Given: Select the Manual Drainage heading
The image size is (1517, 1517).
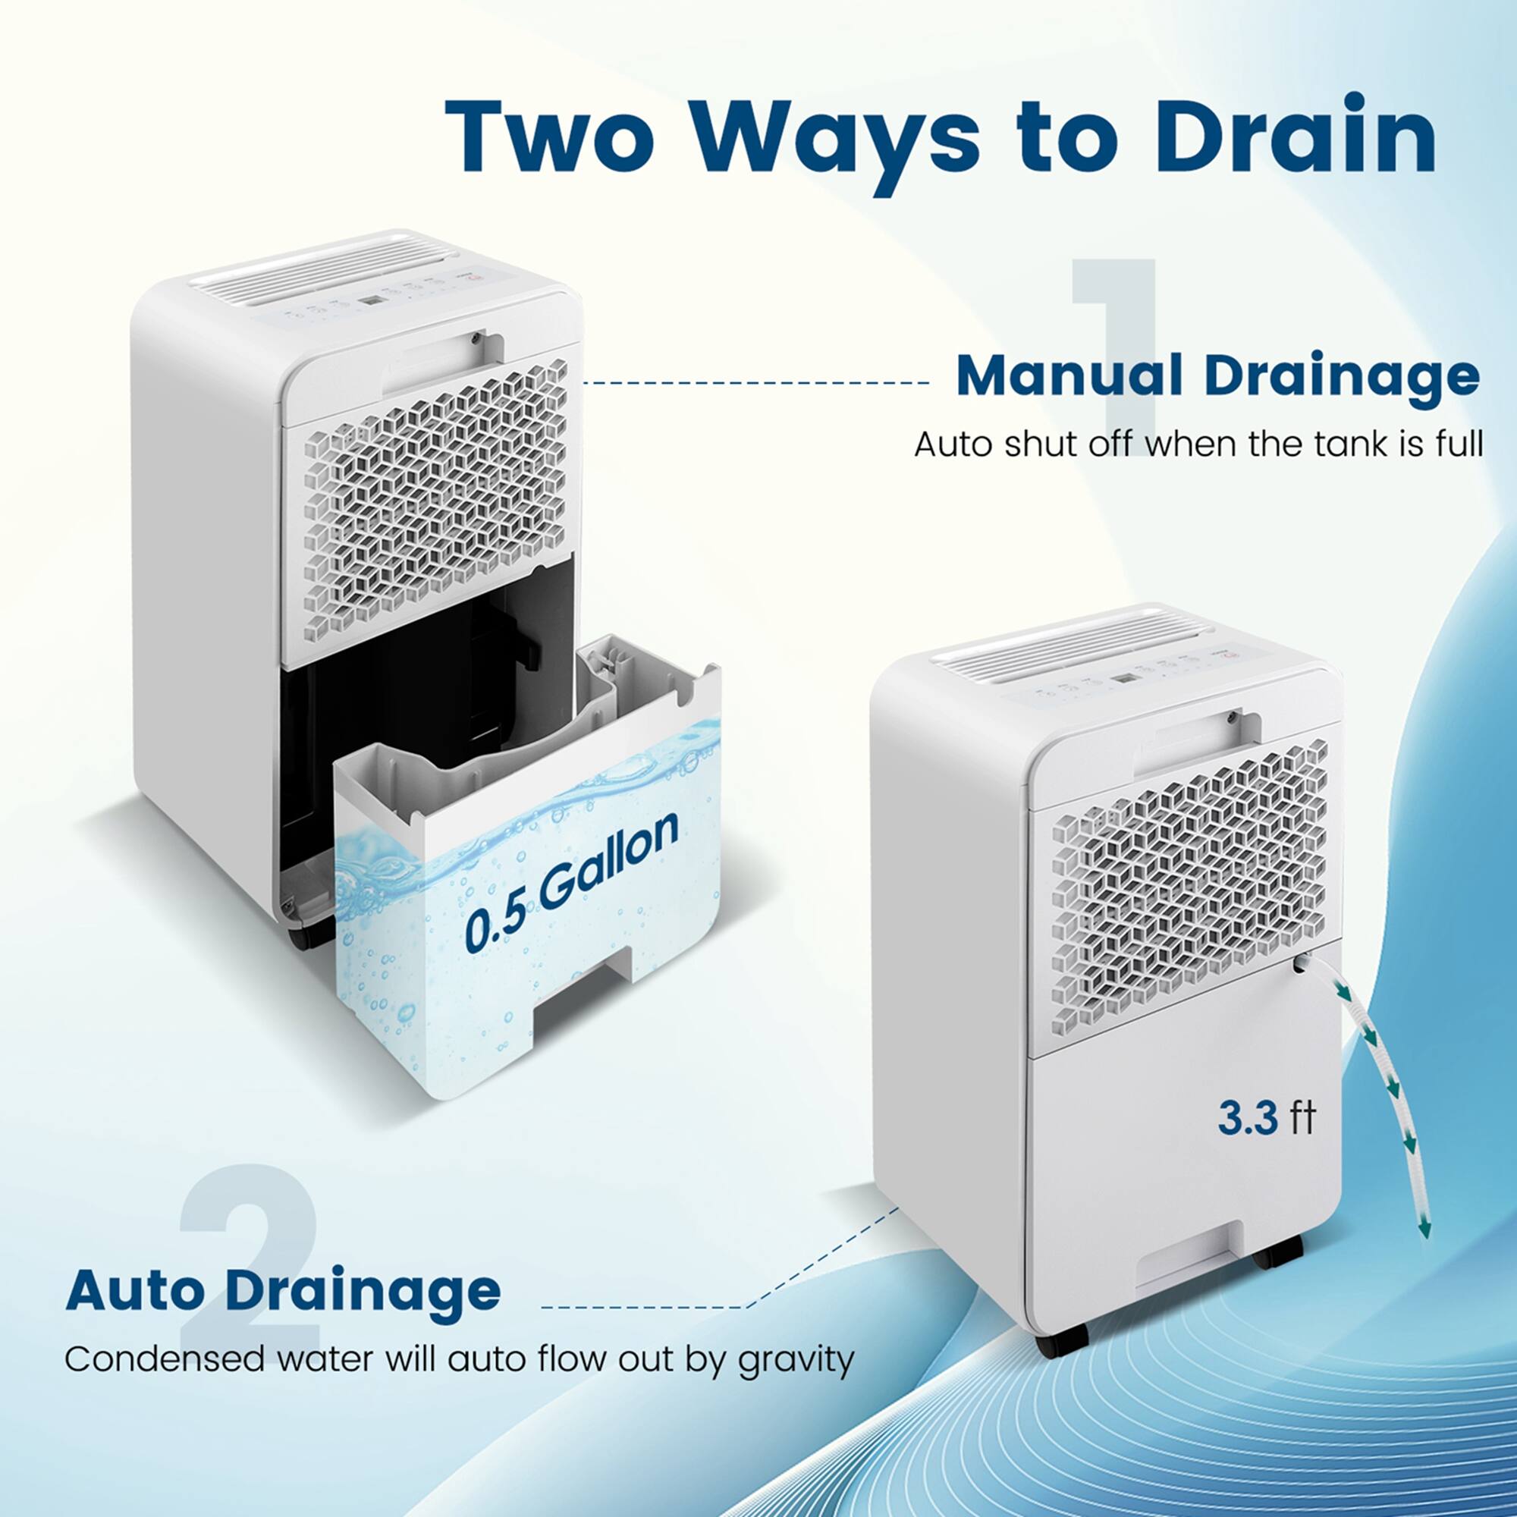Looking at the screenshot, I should (x=1217, y=377).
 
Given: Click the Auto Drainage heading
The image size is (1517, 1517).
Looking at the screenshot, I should (x=283, y=1290).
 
